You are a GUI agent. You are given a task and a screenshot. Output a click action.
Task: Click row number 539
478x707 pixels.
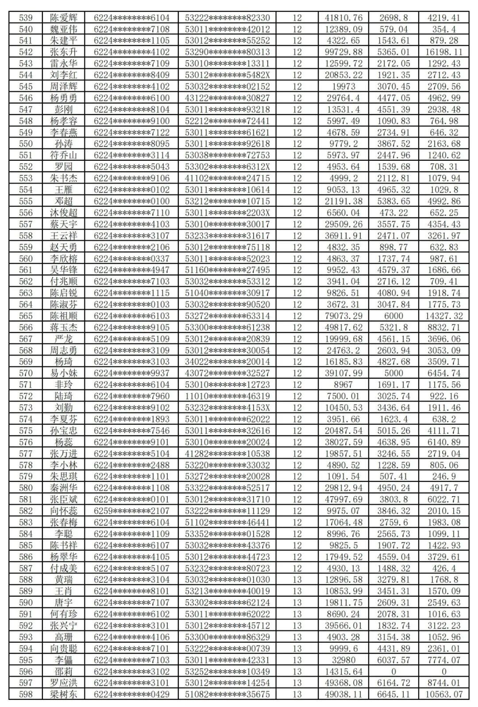[26, 18]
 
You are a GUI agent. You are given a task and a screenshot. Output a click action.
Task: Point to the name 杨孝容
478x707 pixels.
[63, 121]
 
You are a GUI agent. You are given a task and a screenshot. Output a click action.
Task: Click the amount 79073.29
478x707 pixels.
[343, 316]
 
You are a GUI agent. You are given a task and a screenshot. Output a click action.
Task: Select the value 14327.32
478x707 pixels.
[444, 316]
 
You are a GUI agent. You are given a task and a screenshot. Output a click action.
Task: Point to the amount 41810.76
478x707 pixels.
[343, 18]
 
